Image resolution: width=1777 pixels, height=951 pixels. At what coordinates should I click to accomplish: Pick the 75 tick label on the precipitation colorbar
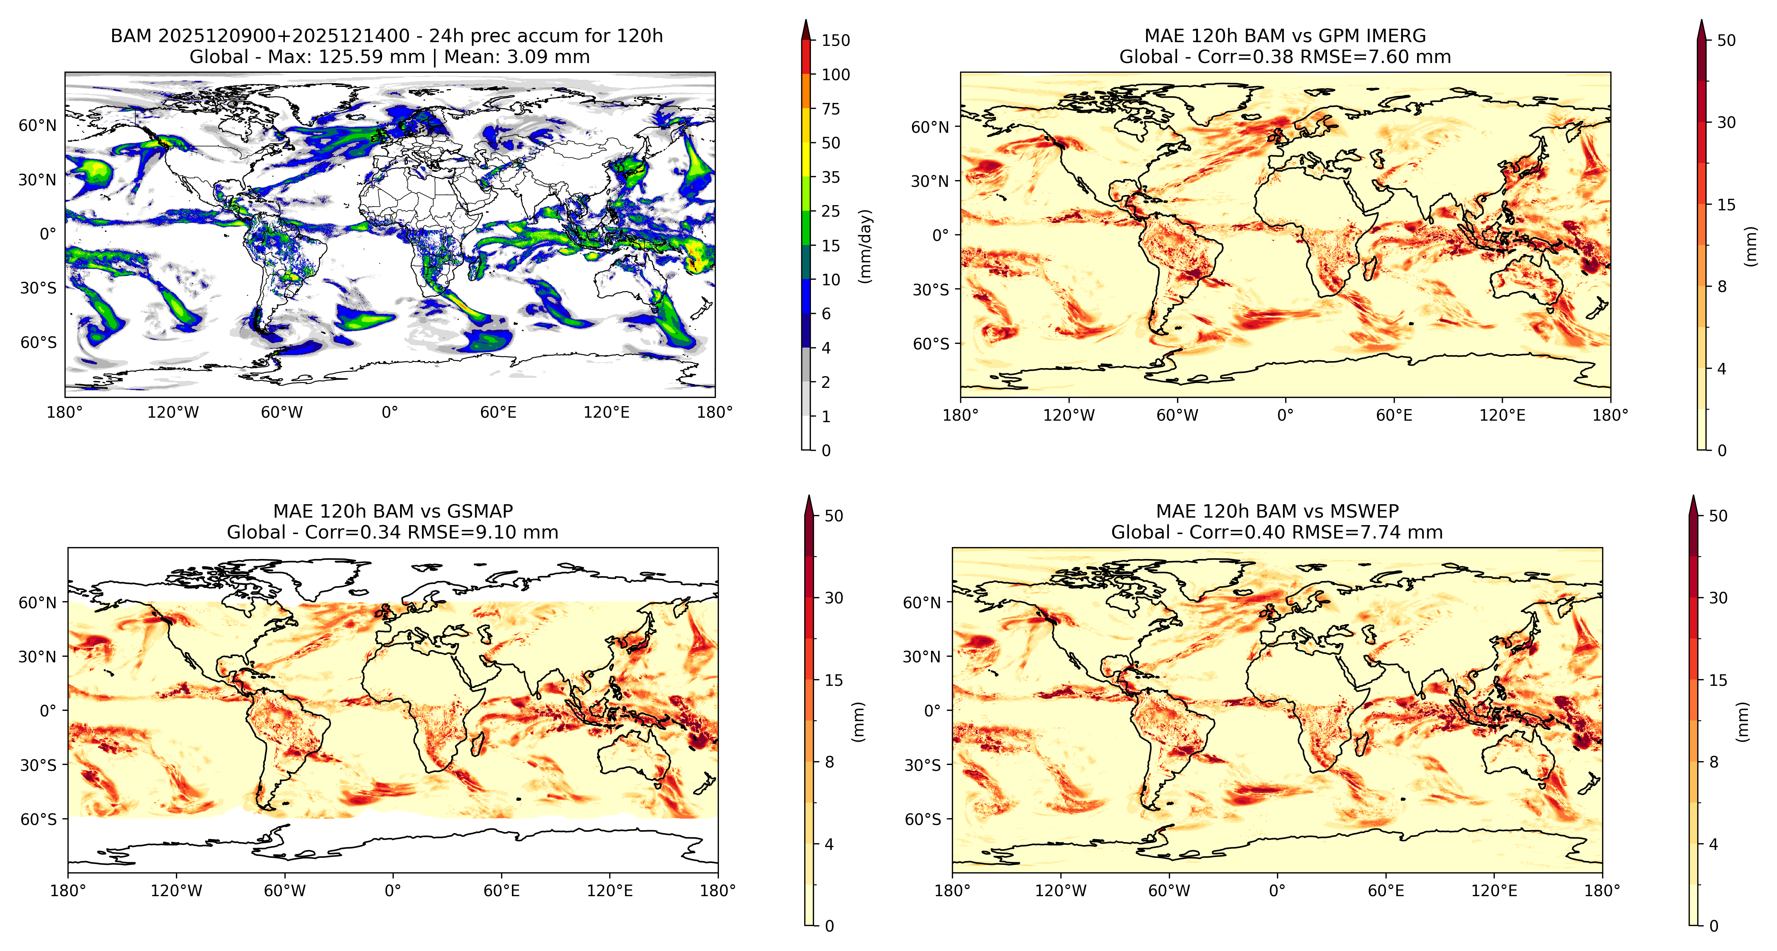pos(831,109)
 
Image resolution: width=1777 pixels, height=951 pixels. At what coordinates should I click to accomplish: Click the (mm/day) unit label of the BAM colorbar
pos(866,246)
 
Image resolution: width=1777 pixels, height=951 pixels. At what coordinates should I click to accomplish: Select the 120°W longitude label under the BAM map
pos(173,413)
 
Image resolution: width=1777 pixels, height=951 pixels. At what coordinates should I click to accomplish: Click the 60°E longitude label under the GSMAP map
pos(501,891)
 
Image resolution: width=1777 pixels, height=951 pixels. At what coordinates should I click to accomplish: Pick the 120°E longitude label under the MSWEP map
pos(1494,891)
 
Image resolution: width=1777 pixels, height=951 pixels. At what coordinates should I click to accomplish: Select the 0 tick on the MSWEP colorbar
pos(1714,926)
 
